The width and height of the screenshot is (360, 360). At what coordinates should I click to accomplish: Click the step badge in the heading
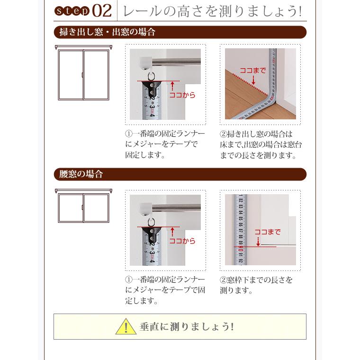coord(72,11)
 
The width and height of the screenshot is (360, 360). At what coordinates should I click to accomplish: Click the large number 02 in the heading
coord(102,11)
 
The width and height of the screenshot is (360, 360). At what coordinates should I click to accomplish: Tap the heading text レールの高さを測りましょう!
coord(212,11)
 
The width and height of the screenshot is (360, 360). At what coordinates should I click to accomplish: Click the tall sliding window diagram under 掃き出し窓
coord(83,73)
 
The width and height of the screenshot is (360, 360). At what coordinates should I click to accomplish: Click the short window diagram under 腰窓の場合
coord(83,206)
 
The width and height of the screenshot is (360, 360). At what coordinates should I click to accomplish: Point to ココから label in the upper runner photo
coord(182,95)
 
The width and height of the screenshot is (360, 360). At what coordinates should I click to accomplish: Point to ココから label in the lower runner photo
coord(182,241)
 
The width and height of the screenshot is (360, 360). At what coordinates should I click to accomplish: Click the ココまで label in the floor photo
coord(252,71)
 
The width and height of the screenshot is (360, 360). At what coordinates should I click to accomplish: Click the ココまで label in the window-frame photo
coord(267,232)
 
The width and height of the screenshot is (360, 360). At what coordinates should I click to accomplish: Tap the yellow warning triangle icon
coord(126,327)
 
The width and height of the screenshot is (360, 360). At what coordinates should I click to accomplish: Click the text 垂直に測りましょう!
coord(187,327)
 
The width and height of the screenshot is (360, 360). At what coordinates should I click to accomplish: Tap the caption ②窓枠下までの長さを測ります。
coord(256,285)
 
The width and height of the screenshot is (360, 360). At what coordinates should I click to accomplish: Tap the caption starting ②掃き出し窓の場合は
coord(261,144)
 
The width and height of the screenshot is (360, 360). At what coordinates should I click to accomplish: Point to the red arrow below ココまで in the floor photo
coord(253,81)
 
